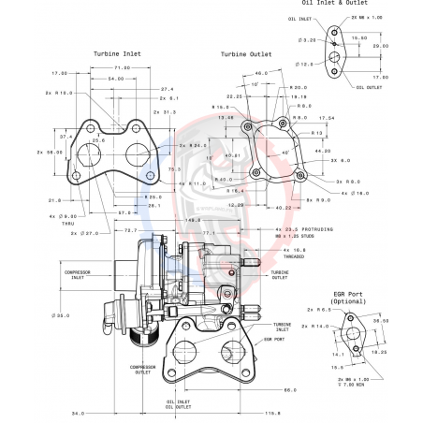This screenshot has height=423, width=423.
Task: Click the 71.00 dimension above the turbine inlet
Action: pyautogui.click(x=123, y=68)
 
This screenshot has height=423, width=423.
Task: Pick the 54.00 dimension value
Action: pyautogui.click(x=115, y=79)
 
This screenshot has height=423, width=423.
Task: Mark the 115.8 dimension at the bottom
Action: pyautogui.click(x=272, y=413)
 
